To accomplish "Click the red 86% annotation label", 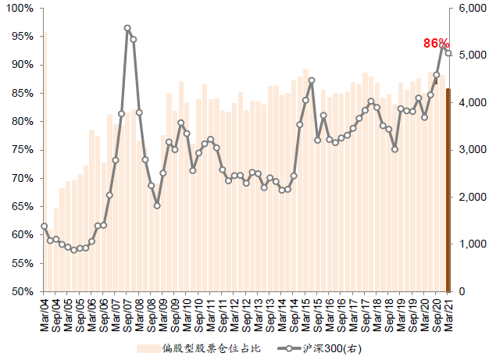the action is [x=436, y=43].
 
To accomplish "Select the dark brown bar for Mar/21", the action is [x=448, y=190].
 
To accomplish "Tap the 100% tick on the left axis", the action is [x=20, y=9].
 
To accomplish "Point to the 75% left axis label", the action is [x=23, y=150].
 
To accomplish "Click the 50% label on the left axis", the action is [x=23, y=291].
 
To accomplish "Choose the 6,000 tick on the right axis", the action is [x=473, y=9].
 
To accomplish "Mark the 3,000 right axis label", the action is [x=473, y=150].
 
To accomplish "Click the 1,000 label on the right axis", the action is [x=473, y=244].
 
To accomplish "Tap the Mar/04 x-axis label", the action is [x=45, y=314].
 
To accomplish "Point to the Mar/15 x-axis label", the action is [x=305, y=314].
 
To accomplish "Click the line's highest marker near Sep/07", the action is [x=127, y=28].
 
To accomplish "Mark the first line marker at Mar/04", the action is [x=45, y=226].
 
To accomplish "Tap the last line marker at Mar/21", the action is [x=448, y=53].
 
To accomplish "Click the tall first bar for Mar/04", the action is [x=45, y=162].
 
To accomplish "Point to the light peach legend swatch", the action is [x=148, y=348].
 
